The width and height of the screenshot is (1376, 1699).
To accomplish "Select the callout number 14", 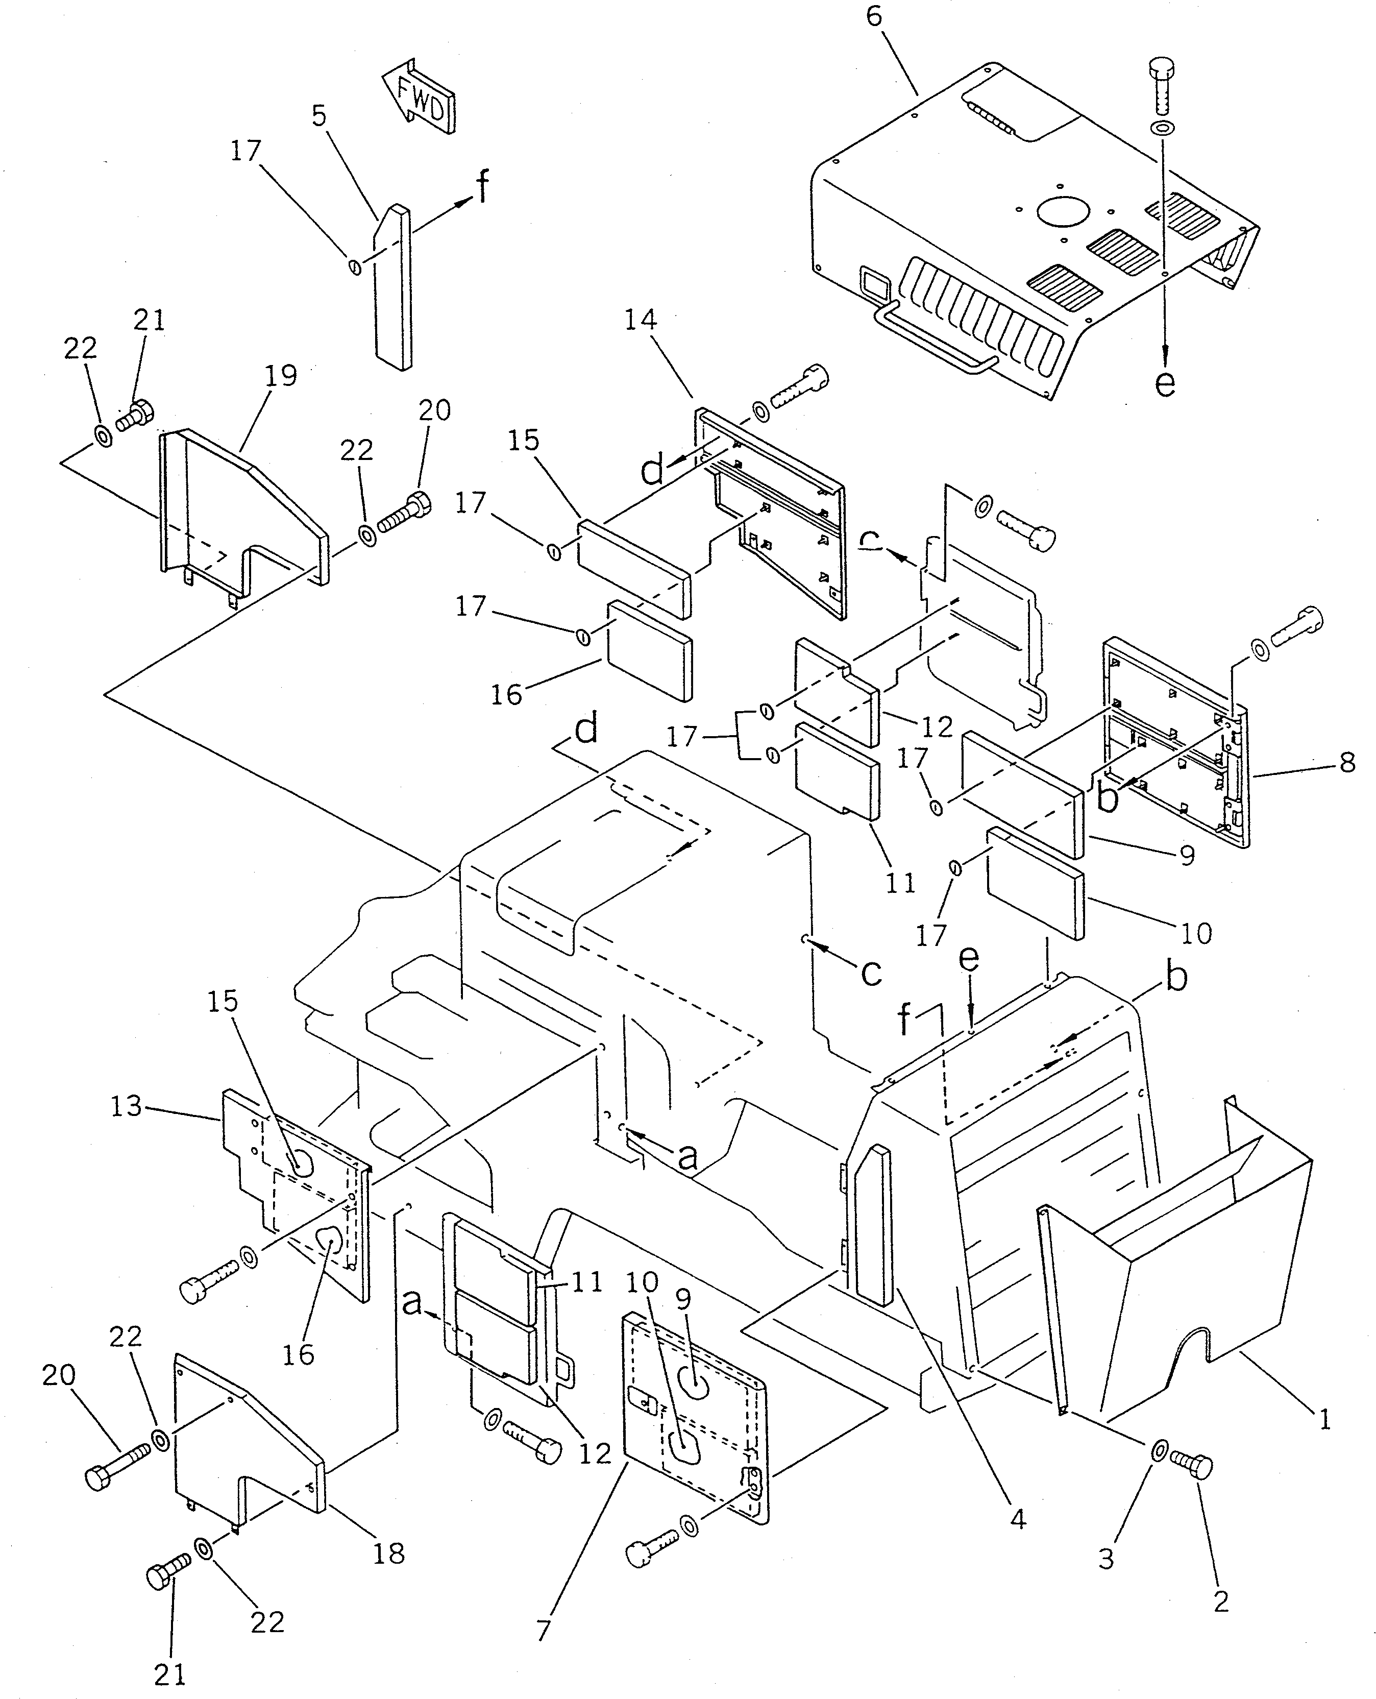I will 641,320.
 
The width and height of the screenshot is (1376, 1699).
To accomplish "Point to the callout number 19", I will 281,375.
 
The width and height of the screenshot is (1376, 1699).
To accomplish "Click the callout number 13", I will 126,1106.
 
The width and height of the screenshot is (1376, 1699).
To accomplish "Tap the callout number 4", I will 1018,1519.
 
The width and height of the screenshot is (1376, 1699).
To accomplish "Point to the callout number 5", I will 318,116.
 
